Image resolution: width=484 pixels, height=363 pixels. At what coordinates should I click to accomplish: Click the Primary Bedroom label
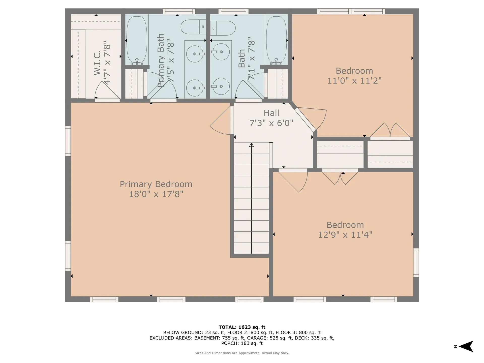click(x=156, y=184)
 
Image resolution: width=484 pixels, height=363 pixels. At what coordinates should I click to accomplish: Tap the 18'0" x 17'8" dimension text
click(x=156, y=194)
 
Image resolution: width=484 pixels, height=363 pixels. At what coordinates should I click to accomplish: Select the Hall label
click(x=271, y=113)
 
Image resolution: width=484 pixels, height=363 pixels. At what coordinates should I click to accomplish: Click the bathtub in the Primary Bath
click(x=136, y=40)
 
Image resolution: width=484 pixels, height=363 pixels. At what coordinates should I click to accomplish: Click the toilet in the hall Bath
click(x=223, y=28)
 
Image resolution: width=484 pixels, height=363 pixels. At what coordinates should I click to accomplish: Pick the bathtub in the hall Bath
click(x=277, y=40)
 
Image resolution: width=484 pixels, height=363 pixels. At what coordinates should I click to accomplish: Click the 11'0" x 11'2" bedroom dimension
click(x=354, y=81)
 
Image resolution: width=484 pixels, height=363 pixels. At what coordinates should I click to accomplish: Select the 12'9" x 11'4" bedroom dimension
click(x=345, y=235)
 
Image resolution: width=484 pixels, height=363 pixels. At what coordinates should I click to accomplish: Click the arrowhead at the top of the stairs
click(x=251, y=145)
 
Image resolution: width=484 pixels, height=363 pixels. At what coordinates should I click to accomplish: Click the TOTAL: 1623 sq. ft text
click(x=242, y=327)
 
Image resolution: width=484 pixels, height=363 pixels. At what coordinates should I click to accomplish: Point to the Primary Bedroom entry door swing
click(x=220, y=120)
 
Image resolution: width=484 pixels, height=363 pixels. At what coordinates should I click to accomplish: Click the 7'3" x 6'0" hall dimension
click(x=271, y=123)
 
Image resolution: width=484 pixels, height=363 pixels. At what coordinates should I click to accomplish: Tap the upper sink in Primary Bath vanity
click(x=195, y=54)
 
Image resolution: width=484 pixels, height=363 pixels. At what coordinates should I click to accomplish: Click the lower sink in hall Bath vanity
click(x=221, y=86)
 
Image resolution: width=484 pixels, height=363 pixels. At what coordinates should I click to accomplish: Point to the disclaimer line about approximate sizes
click(x=242, y=353)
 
